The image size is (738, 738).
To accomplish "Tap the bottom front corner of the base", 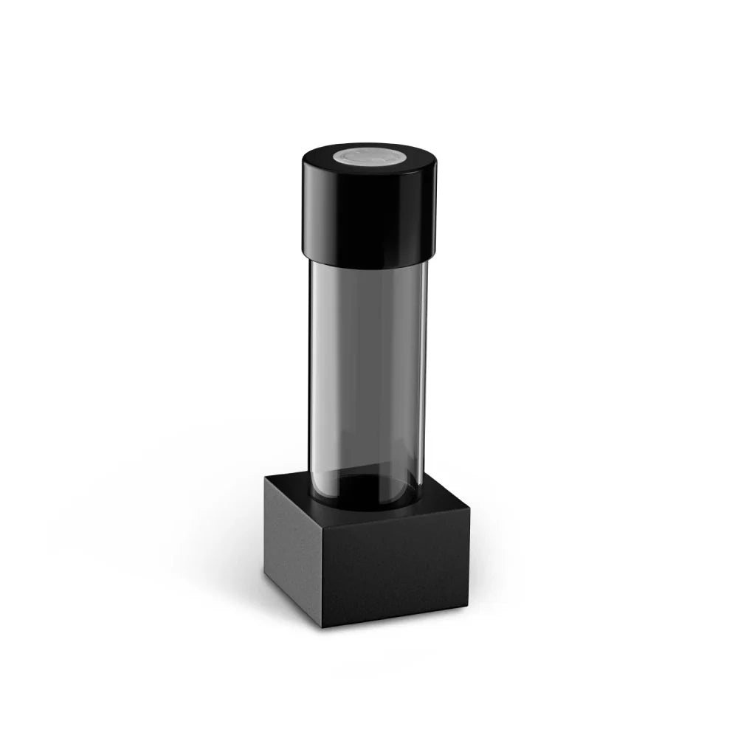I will coord(323,628).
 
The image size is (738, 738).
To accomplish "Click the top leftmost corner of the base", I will coord(265,477).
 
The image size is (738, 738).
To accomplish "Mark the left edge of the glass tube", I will coord(311,369).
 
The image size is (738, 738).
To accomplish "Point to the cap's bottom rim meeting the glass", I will coord(368,265).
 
